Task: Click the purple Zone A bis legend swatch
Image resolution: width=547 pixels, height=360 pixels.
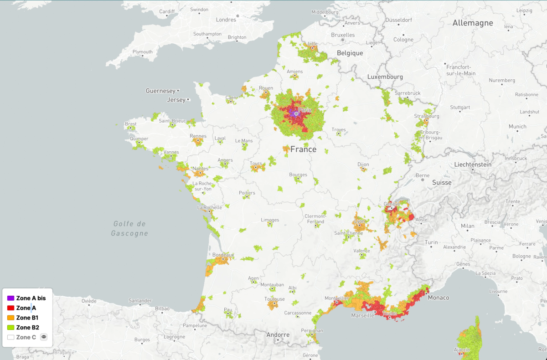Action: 10,298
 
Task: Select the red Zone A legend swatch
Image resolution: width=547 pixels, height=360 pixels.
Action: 10,308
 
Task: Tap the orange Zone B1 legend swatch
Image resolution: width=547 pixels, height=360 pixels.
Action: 10,318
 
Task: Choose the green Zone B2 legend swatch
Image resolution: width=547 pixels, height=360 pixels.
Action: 10,327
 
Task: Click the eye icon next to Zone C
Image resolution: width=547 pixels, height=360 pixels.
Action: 44,337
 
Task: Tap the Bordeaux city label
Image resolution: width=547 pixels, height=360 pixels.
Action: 223,255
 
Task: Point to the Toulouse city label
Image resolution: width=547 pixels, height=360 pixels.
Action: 274,299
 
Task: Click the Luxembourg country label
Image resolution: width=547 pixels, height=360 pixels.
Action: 385,77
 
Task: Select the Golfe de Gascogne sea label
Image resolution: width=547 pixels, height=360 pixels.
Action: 129,228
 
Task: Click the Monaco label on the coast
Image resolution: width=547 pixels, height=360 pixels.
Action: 438,298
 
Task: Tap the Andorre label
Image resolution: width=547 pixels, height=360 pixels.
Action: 278,334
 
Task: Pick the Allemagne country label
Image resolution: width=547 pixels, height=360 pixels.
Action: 473,23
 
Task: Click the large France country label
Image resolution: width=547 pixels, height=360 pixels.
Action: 303,149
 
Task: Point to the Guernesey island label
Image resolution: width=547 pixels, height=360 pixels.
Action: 160,91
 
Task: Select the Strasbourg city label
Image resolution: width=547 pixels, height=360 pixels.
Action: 427,116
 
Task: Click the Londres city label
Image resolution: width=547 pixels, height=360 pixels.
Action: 226,20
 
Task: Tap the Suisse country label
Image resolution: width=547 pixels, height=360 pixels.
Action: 442,182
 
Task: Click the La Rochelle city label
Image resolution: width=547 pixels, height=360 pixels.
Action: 210,207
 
